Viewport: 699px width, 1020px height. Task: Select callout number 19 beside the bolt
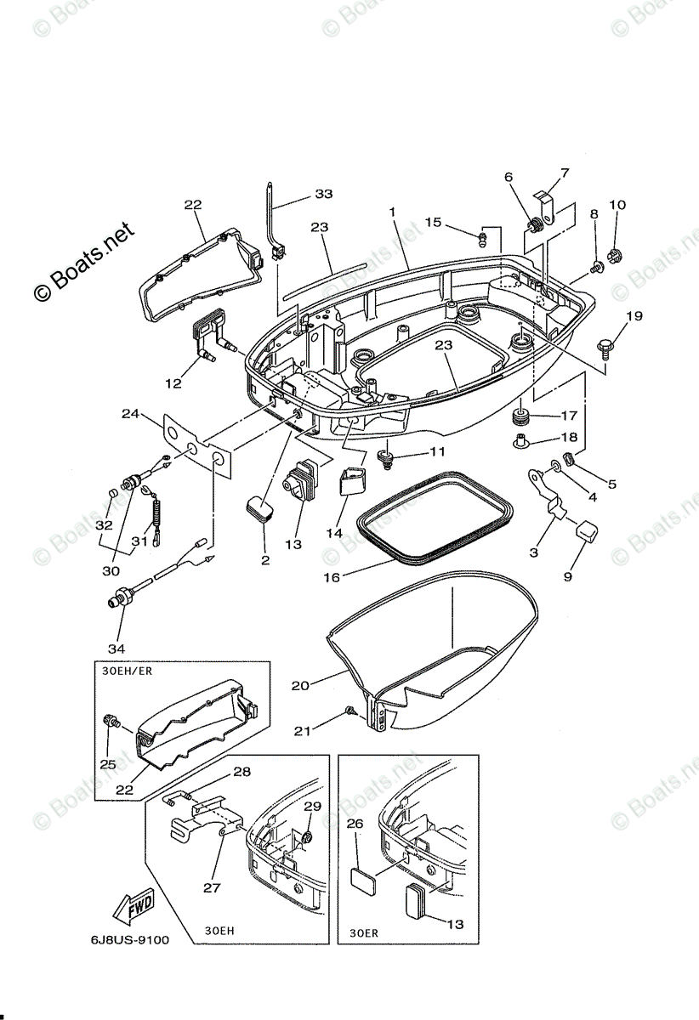click(635, 318)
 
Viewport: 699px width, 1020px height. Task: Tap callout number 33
click(323, 194)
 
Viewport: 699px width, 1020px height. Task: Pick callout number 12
click(173, 383)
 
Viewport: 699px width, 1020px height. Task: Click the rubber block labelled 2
click(259, 509)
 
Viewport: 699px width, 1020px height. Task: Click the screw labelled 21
click(349, 710)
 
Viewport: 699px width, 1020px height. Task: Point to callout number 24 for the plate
click(129, 414)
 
